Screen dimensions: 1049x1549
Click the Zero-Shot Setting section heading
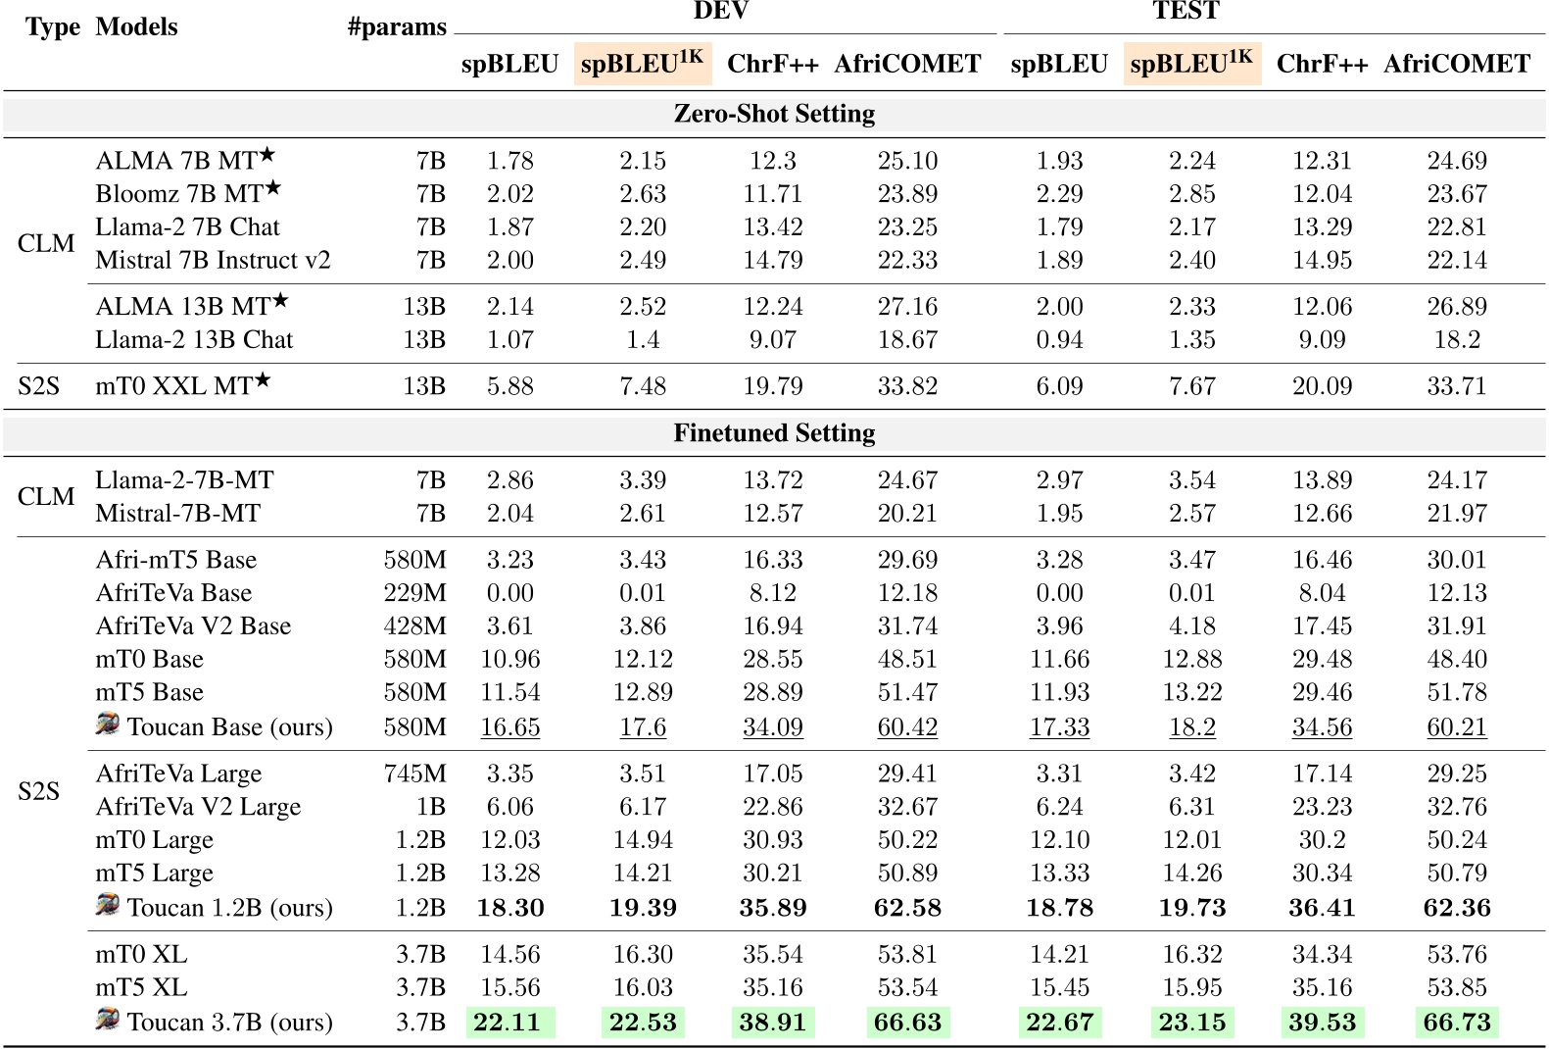click(774, 114)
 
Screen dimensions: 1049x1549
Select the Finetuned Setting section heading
click(774, 433)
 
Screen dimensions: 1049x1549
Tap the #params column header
click(397, 27)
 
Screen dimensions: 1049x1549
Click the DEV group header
click(721, 12)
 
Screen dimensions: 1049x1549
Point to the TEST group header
click(1186, 12)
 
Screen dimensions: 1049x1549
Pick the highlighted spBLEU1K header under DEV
click(643, 64)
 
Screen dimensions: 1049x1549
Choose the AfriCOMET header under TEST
click(1457, 64)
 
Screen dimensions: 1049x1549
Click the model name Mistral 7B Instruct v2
click(213, 261)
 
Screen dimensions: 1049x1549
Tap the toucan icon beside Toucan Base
click(108, 724)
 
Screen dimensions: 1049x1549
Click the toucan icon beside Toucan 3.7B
click(108, 1020)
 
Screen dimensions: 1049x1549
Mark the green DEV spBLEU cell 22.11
click(508, 1023)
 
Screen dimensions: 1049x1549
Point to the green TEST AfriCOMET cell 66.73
click(1457, 1023)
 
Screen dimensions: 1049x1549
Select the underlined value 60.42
click(907, 727)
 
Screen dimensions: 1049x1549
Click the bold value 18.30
click(510, 908)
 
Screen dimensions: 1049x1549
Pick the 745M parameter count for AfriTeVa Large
click(414, 774)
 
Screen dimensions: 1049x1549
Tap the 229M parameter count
click(414, 593)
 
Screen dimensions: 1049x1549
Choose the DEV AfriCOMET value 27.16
click(907, 307)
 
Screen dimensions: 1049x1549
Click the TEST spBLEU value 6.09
click(1059, 386)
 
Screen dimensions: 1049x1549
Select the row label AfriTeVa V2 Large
click(198, 807)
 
